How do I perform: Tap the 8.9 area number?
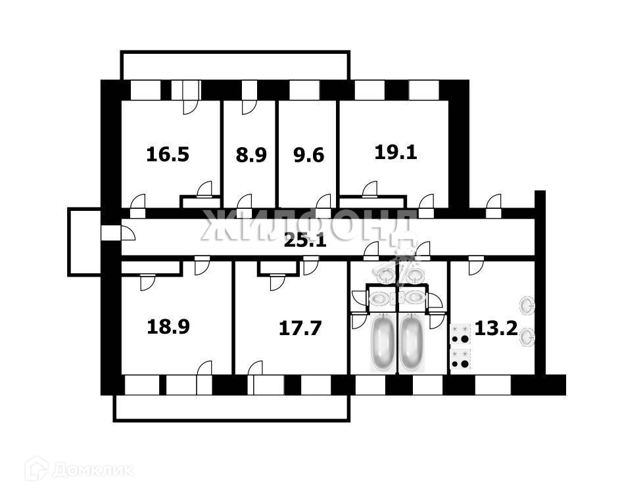250,156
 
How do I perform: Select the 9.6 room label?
308,156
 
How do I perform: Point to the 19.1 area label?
396,152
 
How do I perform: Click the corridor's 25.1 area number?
304,240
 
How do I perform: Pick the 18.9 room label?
168,327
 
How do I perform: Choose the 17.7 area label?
300,328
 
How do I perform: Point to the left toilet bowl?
381,298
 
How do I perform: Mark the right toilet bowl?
414,298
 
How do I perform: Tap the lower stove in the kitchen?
460,359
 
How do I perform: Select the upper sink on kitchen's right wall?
527,306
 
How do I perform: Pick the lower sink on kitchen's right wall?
527,338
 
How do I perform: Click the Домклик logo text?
92,470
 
